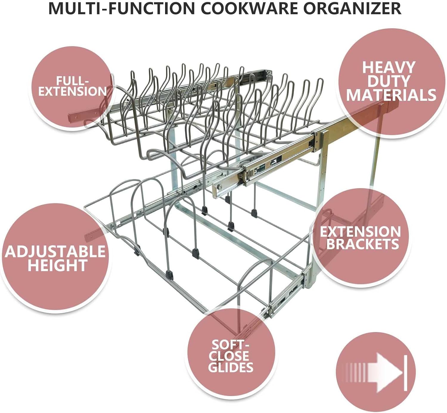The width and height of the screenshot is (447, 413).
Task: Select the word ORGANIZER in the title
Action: click(x=353, y=8)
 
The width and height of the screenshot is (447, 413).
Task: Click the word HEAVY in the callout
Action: click(x=389, y=68)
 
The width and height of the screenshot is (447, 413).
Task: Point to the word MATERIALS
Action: click(x=391, y=96)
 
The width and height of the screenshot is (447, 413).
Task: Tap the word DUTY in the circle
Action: click(x=389, y=81)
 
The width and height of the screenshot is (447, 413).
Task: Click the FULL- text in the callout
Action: click(x=72, y=81)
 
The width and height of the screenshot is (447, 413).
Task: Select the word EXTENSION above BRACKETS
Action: click(x=360, y=232)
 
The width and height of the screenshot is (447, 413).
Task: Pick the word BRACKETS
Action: click(x=362, y=244)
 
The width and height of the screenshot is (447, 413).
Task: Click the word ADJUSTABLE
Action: click(x=55, y=252)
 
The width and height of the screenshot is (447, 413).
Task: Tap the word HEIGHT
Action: click(x=58, y=265)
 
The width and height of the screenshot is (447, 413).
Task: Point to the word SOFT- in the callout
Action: click(x=230, y=345)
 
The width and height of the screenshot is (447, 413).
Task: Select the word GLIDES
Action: click(x=231, y=367)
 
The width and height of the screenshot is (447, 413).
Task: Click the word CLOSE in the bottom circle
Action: click(x=229, y=356)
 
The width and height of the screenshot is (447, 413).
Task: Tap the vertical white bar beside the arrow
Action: click(x=405, y=373)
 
